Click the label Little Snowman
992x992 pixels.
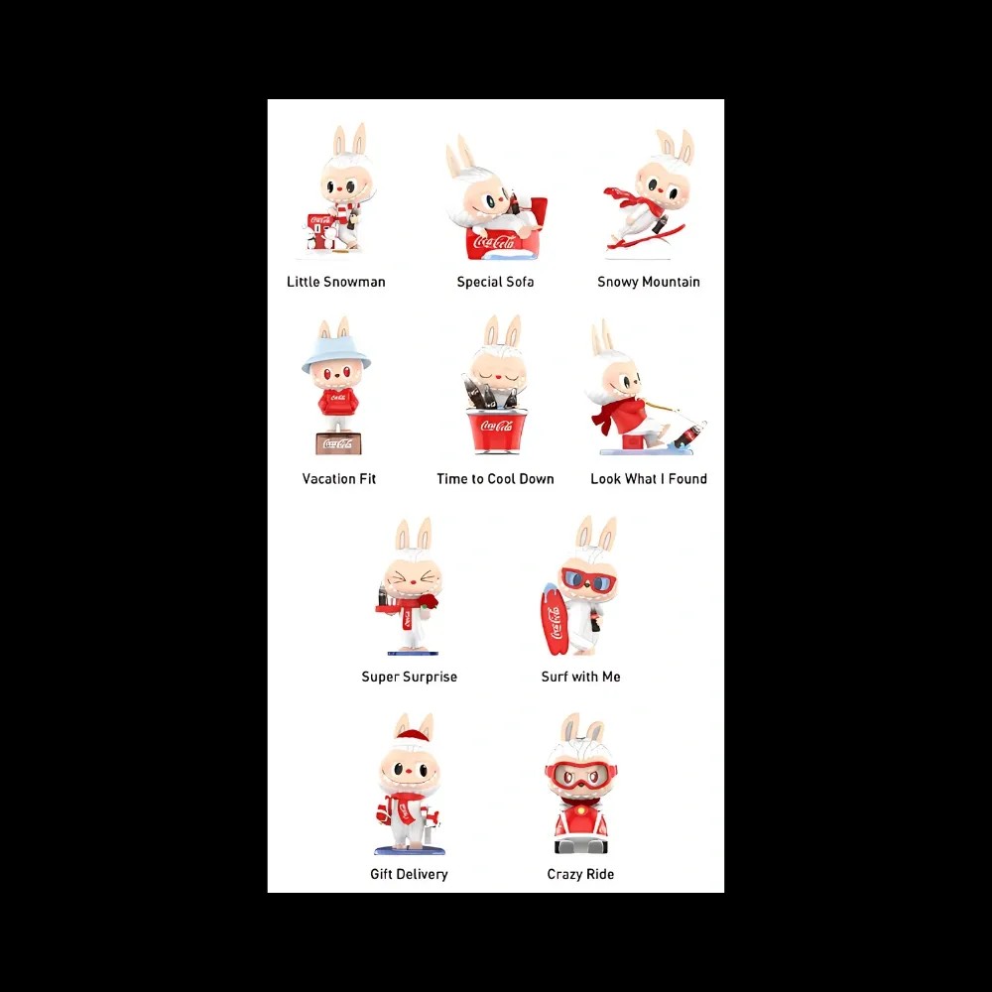click(x=335, y=282)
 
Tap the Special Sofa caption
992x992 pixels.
click(x=495, y=282)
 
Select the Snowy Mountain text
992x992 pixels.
click(x=648, y=282)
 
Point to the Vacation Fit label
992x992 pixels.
click(x=339, y=478)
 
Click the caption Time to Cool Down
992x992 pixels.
click(x=495, y=478)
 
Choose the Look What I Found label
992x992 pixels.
click(x=648, y=478)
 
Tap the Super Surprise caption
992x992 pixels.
click(x=409, y=677)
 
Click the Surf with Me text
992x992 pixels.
click(x=580, y=677)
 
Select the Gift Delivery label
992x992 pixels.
click(x=409, y=874)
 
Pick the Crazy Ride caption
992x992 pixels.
click(x=580, y=874)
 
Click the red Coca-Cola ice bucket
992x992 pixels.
click(x=497, y=431)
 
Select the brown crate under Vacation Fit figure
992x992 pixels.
click(x=338, y=443)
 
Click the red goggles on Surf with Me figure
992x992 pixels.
click(x=588, y=579)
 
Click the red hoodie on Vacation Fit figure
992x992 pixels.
click(x=338, y=401)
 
